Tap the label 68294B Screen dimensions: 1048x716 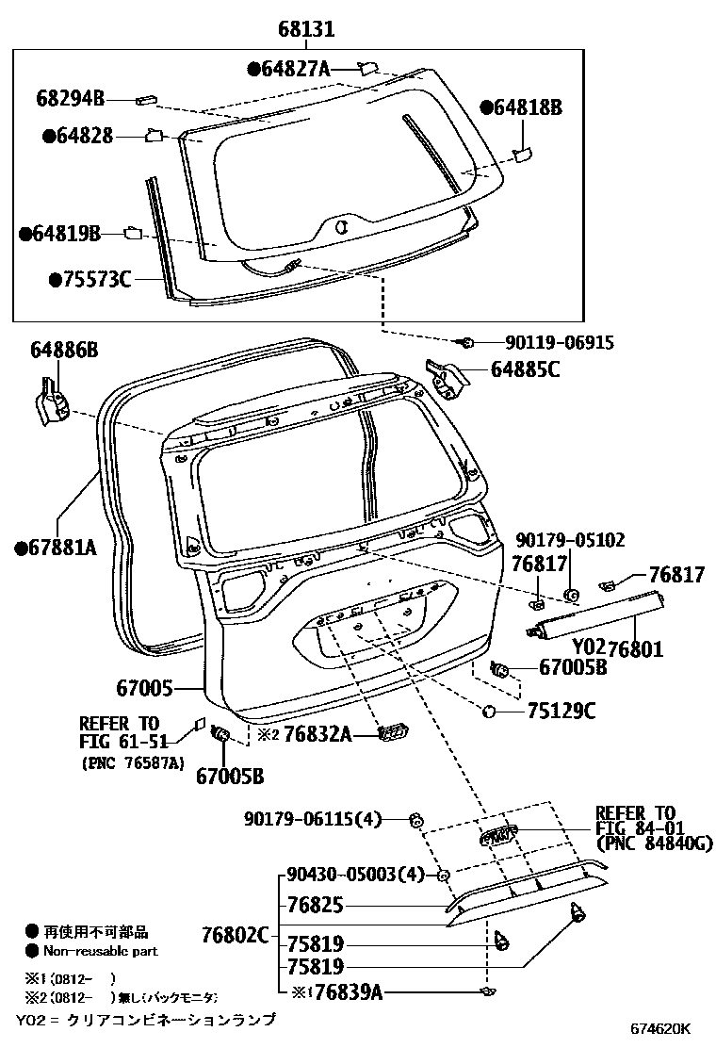pos(71,97)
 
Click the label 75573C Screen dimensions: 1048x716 pos(95,280)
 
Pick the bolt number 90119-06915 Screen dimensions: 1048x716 pos(545,344)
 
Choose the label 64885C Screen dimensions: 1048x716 pos(525,370)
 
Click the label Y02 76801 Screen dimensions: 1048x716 pos(617,648)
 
